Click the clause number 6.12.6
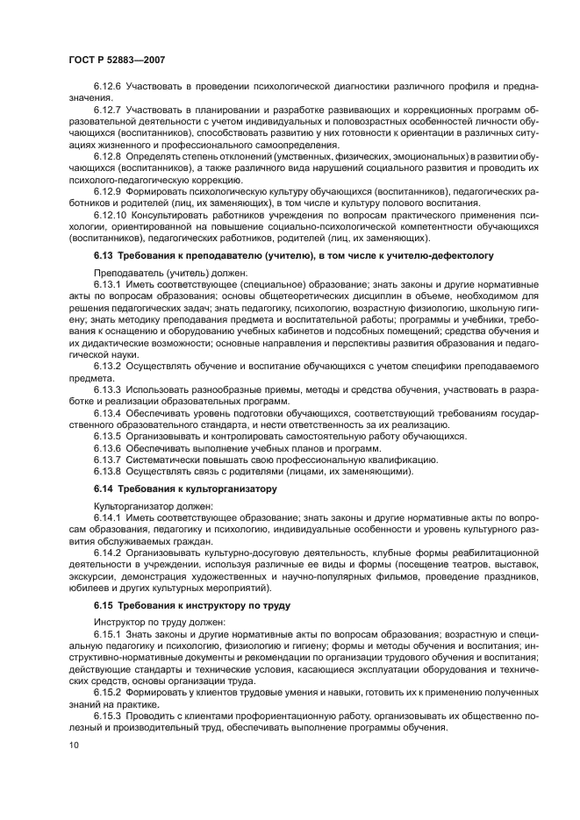[x=108, y=87]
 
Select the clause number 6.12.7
[x=108, y=109]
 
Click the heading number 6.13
[x=104, y=255]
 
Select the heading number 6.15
[x=104, y=605]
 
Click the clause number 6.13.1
[x=108, y=285]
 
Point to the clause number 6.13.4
[x=108, y=411]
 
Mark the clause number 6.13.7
[x=108, y=459]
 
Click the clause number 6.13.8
[x=108, y=470]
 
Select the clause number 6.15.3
[x=108, y=714]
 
